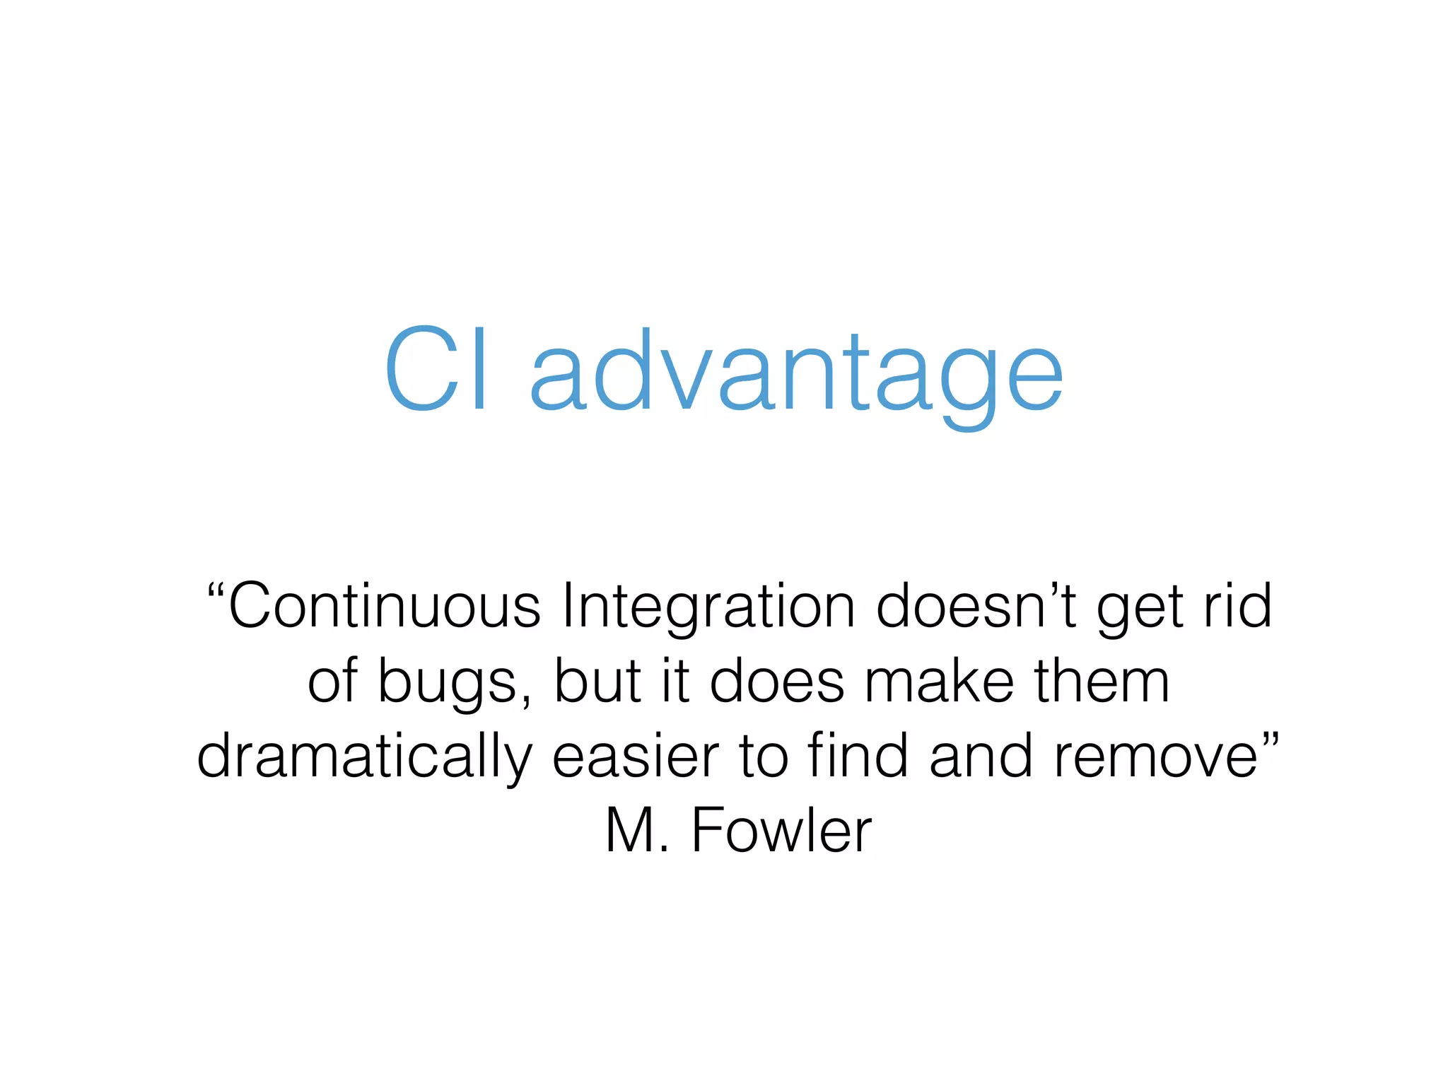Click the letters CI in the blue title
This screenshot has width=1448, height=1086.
point(436,369)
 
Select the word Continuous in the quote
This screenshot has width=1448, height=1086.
point(385,606)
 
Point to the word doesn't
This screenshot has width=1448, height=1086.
point(976,606)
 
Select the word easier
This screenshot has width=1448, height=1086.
point(636,756)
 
